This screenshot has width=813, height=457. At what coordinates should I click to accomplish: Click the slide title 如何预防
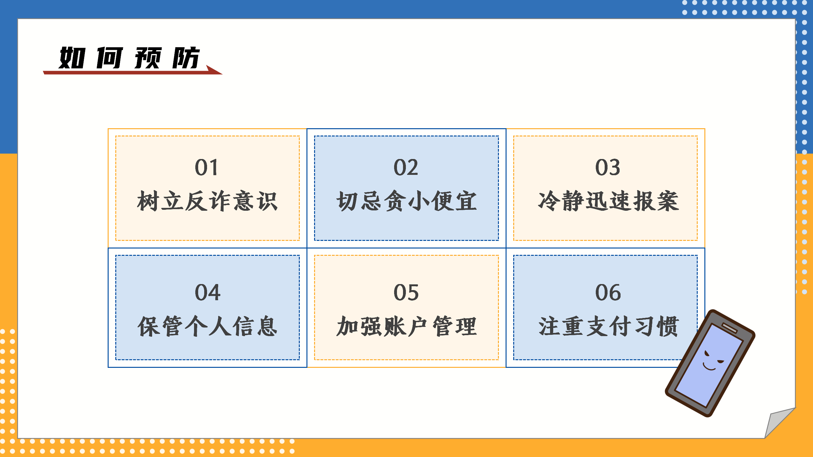129,58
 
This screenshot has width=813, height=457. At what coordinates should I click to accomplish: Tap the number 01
206,167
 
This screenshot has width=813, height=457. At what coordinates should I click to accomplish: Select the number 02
406,167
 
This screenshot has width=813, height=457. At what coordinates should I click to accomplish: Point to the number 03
608,167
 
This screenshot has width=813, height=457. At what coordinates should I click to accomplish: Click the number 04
208,292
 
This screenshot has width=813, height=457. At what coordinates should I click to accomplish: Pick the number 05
406,292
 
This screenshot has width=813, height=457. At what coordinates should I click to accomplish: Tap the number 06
608,292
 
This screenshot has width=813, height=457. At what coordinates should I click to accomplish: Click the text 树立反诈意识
207,201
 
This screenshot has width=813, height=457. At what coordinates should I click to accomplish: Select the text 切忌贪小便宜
406,201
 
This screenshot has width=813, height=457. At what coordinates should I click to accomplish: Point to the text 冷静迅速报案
608,201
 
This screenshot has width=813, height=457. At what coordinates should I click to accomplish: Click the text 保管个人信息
207,326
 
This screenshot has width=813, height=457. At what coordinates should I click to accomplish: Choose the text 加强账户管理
406,326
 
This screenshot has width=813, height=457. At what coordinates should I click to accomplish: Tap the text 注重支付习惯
608,326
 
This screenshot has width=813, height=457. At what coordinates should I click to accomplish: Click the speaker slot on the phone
729,328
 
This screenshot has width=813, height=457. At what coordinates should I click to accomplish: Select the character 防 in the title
186,58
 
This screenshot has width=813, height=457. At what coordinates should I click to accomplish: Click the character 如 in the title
72,58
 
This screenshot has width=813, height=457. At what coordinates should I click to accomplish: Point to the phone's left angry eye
707,354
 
